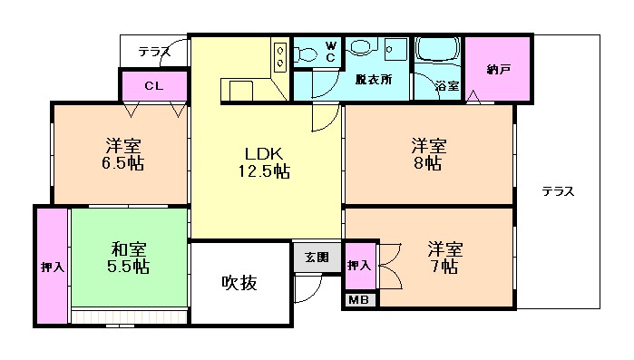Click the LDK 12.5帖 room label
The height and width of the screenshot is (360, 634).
pyautogui.click(x=264, y=162)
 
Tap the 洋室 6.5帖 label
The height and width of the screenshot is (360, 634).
pyautogui.click(x=122, y=154)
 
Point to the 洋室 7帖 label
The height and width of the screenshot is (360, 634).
pyautogui.click(x=445, y=258)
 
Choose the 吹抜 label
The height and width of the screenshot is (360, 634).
pyautogui.click(x=239, y=283)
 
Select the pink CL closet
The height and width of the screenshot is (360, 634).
pyautogui.click(x=153, y=86)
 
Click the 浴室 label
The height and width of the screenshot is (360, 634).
pyautogui.click(x=446, y=86)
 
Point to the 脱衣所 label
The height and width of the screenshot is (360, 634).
pyautogui.click(x=373, y=80)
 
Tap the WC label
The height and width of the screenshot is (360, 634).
pyautogui.click(x=330, y=51)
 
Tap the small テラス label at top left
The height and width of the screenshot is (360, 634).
pyautogui.click(x=154, y=52)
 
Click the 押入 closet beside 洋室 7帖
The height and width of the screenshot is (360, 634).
pyautogui.click(x=359, y=265)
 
